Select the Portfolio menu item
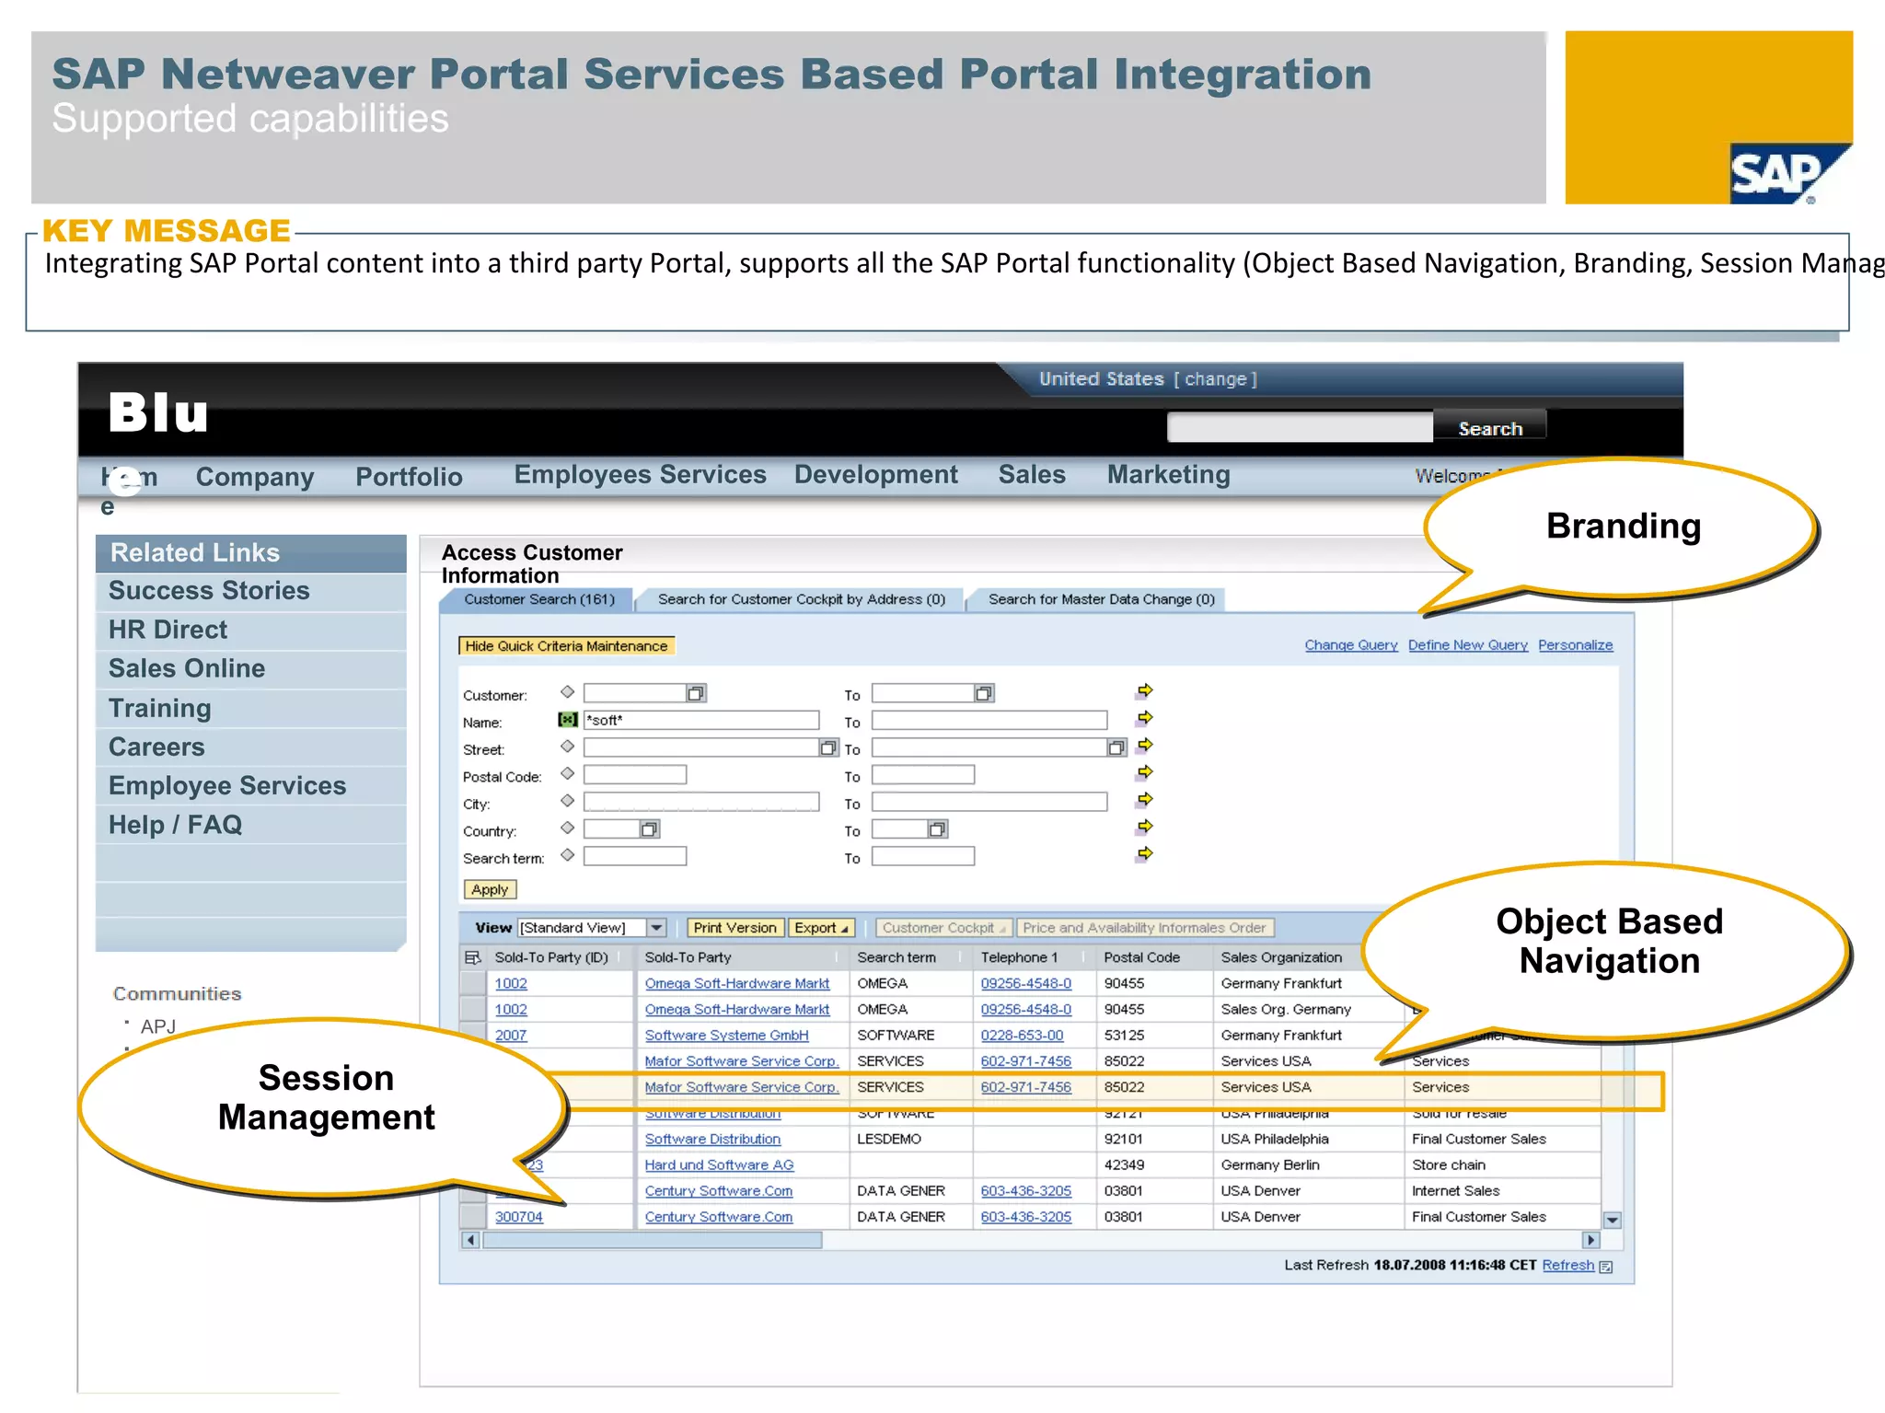coord(409,477)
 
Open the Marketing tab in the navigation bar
coord(1168,475)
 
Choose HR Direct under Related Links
coord(168,630)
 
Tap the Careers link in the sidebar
coord(156,747)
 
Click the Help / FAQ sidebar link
coord(175,825)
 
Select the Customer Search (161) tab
coord(538,599)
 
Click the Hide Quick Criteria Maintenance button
coord(566,646)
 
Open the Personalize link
coord(1575,645)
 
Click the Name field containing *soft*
coord(701,720)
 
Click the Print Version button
coord(734,928)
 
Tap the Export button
coord(820,928)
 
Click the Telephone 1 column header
coord(1019,957)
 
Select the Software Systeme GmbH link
coord(726,1036)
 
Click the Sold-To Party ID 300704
coord(518,1217)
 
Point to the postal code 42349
coord(1123,1165)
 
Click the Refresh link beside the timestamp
coord(1567,1266)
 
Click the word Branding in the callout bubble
coord(1623,527)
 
